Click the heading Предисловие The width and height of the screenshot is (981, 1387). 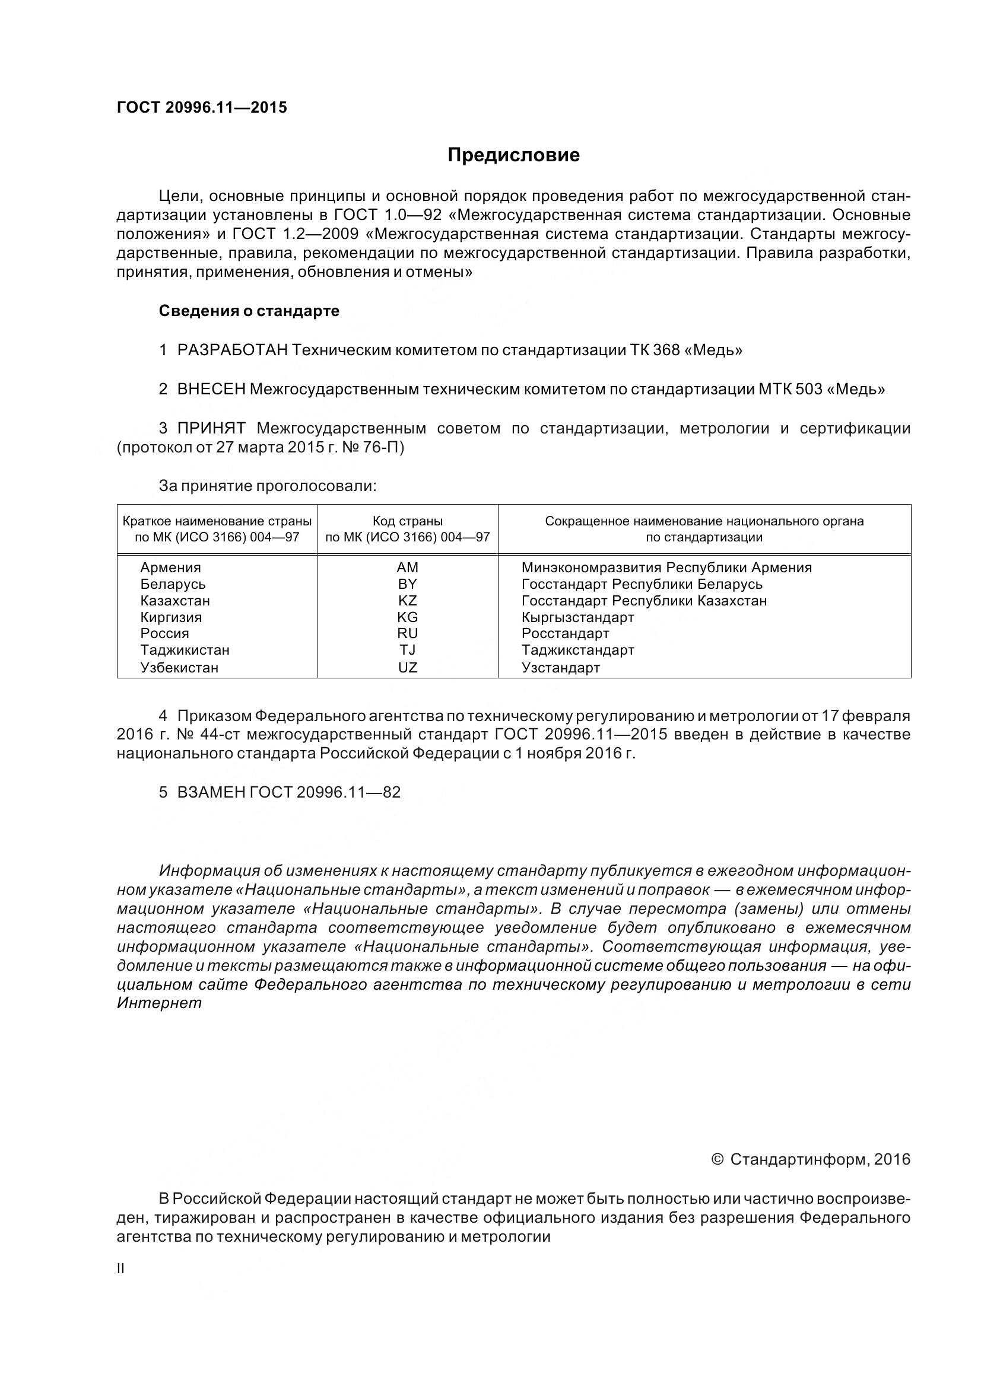click(x=513, y=155)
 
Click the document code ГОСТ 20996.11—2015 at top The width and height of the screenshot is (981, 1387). click(x=202, y=107)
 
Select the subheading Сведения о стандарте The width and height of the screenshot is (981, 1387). click(x=249, y=311)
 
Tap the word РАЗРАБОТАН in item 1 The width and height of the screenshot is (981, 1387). click(x=232, y=350)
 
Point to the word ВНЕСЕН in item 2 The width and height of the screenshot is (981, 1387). click(x=211, y=390)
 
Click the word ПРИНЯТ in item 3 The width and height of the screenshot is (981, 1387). click(x=211, y=429)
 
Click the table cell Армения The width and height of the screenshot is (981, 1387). click(x=170, y=568)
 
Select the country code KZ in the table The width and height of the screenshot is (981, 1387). click(x=407, y=601)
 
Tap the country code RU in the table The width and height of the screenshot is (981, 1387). click(x=407, y=634)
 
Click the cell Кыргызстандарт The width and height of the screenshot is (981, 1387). click(x=578, y=617)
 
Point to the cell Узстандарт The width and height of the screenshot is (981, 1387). click(x=560, y=668)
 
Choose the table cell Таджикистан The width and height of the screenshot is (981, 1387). click(x=185, y=651)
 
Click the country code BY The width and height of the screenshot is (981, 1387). click(x=407, y=584)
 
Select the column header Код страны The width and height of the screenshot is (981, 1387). click(x=407, y=521)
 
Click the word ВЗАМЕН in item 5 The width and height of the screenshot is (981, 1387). click(x=211, y=793)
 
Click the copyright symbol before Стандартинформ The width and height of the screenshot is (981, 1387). click(x=718, y=1160)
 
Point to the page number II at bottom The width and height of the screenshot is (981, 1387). click(x=120, y=1269)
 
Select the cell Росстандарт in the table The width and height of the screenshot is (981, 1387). click(x=565, y=634)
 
